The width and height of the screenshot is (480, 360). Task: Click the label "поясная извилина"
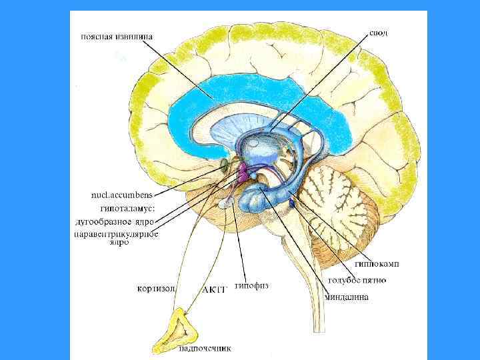(117, 37)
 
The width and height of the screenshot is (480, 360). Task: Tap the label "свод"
(377, 32)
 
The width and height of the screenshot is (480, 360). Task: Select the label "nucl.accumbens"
(121, 195)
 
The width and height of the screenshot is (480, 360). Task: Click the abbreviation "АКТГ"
(215, 290)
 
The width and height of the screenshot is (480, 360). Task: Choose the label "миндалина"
(346, 297)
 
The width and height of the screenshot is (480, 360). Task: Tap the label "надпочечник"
(202, 347)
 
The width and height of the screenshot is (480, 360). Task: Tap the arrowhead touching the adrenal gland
(187, 314)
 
